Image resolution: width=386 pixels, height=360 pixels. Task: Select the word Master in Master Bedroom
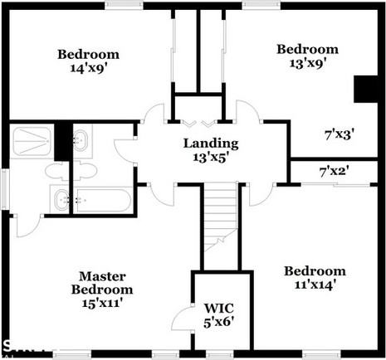coord(101,276)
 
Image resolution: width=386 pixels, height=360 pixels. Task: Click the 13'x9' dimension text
coord(307,62)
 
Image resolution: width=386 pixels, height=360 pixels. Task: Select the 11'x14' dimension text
coord(314,285)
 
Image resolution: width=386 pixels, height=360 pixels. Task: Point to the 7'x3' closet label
coord(337,133)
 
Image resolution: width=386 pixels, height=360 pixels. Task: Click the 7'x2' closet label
coord(334,172)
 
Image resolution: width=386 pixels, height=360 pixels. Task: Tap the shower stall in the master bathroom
coord(32,141)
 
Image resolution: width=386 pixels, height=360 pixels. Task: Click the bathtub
coord(101,201)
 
